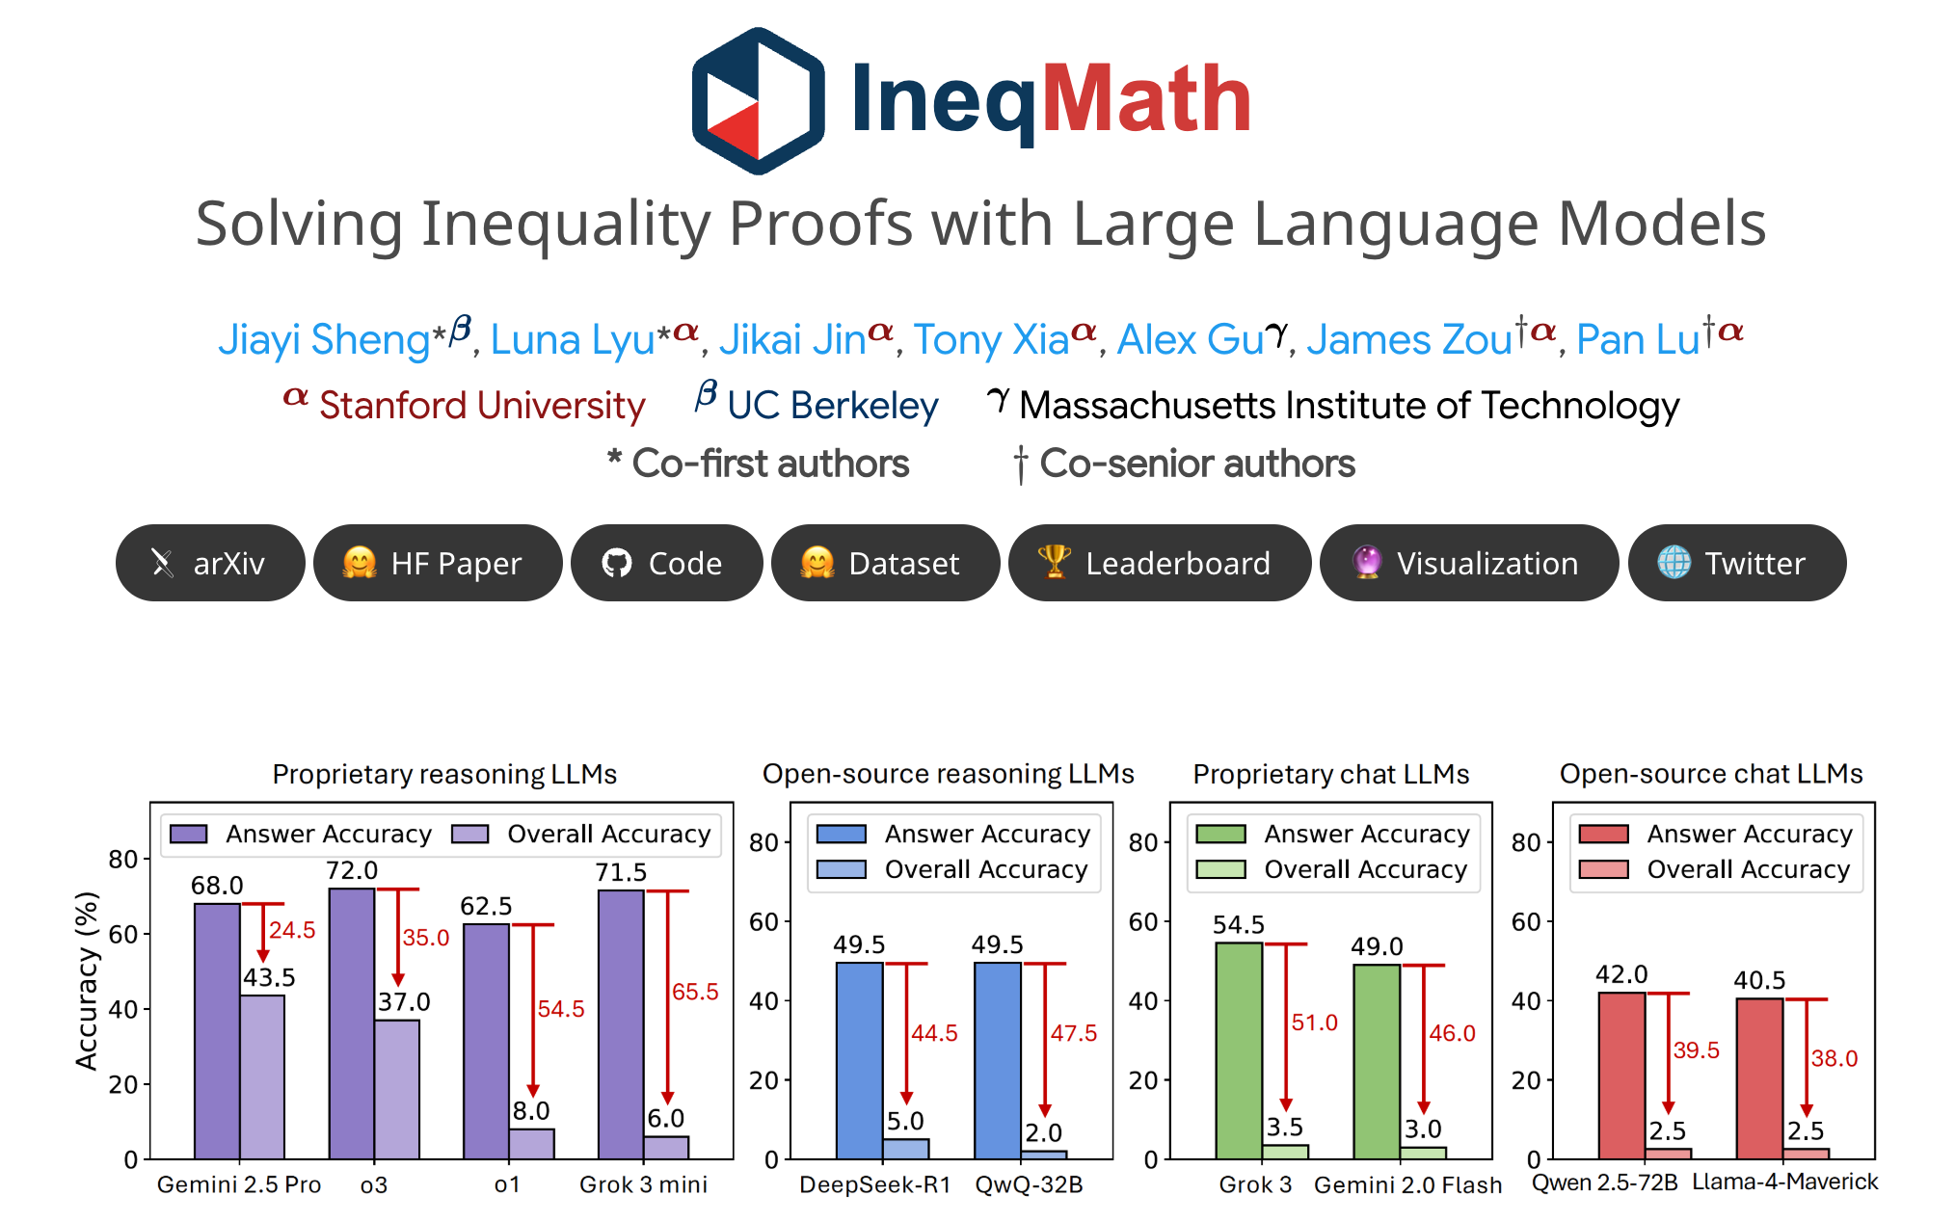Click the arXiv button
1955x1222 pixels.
coord(210,563)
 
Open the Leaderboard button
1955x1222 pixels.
coord(1159,563)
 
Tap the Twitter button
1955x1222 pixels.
coord(1736,563)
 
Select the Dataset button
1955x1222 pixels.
coord(885,563)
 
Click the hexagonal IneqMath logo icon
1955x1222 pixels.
coord(758,101)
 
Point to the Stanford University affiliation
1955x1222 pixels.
coord(481,406)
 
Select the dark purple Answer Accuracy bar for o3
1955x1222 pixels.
coord(352,1022)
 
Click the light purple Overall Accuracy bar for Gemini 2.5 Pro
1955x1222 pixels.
coord(262,1076)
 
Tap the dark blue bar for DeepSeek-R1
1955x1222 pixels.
coord(859,1060)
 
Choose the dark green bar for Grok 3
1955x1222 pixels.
coord(1239,1050)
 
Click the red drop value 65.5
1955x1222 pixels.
coord(695,992)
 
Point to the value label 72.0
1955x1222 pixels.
coord(352,871)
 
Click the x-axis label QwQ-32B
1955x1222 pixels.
coord(1029,1184)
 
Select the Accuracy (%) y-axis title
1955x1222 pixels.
coord(87,980)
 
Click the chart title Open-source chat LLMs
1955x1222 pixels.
coord(1710,774)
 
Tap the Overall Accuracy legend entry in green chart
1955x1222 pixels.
coord(1364,869)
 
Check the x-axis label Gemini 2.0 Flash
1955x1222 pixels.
coord(1407,1184)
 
